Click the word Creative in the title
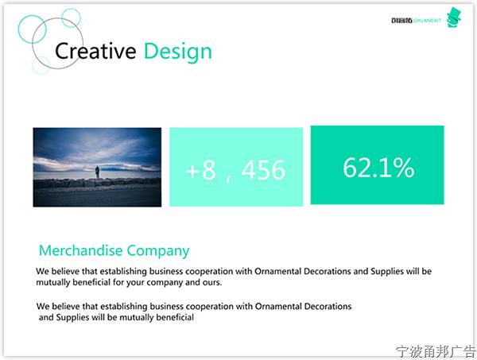(95, 51)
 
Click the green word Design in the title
(177, 52)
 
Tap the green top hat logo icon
(454, 17)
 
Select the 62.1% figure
(378, 167)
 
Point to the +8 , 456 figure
(235, 170)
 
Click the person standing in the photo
(97, 172)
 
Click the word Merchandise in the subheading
(80, 250)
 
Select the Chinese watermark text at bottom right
(436, 351)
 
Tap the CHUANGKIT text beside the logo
(427, 21)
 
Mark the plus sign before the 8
(192, 171)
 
